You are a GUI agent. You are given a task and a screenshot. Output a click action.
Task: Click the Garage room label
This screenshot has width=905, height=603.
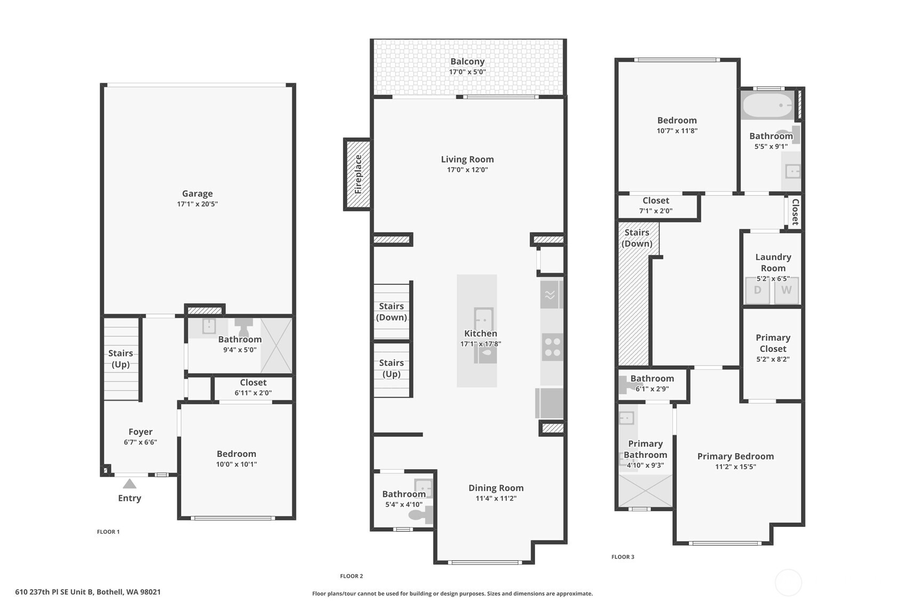(197, 194)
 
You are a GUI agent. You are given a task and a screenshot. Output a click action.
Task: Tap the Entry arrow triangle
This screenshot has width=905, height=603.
(129, 484)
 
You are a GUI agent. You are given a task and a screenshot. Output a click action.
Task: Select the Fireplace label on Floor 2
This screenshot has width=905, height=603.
(358, 174)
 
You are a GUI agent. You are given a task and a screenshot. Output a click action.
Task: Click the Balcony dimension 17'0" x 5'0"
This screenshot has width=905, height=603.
(468, 72)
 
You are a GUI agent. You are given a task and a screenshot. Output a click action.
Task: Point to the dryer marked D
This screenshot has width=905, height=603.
(757, 291)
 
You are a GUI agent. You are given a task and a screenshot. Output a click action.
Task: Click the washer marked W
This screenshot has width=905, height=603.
(786, 291)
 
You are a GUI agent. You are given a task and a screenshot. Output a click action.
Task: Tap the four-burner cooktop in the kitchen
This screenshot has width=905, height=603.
(552, 347)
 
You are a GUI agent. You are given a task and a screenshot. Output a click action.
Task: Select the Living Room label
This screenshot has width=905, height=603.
(468, 159)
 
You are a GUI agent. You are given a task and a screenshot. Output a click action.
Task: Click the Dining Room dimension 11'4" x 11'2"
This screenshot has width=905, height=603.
(496, 499)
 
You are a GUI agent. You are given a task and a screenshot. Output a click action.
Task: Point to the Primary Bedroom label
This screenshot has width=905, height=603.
(735, 456)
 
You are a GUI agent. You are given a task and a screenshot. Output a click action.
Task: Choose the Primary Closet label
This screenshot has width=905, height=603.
(773, 343)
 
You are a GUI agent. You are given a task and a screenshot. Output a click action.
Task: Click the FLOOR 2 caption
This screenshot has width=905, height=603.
(351, 576)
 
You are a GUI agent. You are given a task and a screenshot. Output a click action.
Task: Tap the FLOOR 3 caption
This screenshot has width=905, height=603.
(622, 557)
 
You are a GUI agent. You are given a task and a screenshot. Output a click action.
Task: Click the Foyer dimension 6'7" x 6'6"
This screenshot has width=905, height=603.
(140, 443)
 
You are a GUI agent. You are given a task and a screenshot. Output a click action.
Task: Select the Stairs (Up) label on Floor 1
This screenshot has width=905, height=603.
(121, 359)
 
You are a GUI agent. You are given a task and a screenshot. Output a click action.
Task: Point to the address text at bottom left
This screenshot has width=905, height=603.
(87, 592)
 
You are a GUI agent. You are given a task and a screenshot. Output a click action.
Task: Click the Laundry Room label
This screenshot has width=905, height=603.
(773, 262)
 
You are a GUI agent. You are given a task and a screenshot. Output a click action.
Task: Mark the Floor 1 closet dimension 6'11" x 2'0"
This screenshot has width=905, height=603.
(253, 393)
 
